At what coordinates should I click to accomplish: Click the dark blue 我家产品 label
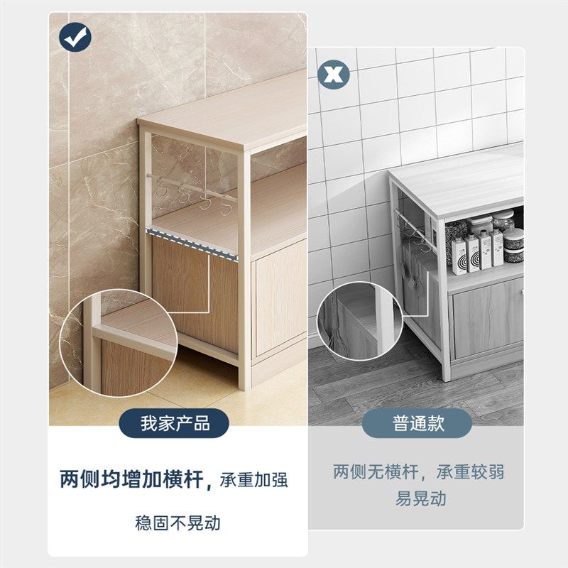click(x=175, y=425)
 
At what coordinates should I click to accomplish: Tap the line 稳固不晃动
click(x=177, y=524)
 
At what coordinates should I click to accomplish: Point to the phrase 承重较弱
click(x=469, y=471)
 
